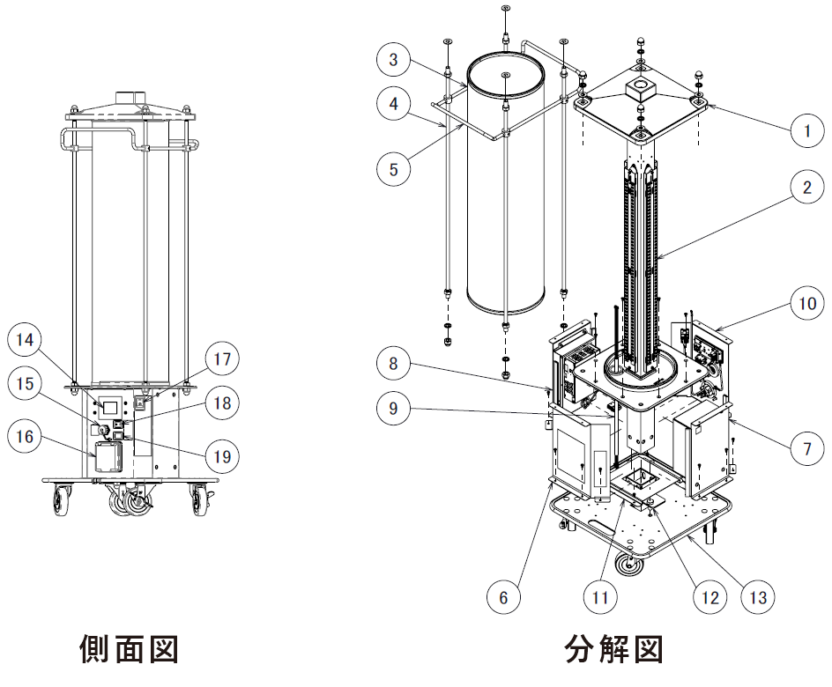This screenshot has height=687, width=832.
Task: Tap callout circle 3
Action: [394, 60]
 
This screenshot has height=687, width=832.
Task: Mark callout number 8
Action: [394, 363]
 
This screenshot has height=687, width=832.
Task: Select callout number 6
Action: [503, 598]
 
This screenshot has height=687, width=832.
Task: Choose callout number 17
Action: [220, 360]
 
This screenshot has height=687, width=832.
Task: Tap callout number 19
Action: [220, 455]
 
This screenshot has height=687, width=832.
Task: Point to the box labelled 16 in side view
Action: [109, 455]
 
